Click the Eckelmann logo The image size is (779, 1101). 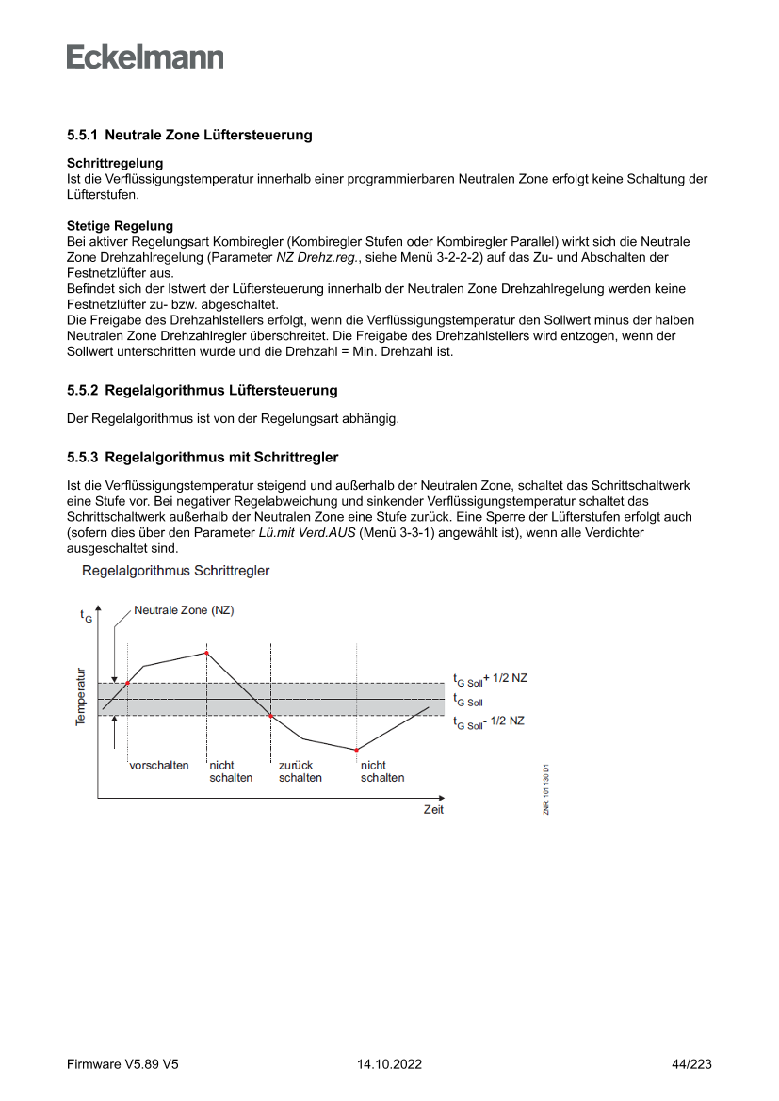(145, 57)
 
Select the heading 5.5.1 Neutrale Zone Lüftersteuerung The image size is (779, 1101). (189, 136)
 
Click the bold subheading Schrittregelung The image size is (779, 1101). (115, 164)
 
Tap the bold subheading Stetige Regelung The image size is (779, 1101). (120, 226)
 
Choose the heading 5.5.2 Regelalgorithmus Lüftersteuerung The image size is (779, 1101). (202, 390)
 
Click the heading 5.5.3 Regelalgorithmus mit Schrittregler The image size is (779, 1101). (203, 458)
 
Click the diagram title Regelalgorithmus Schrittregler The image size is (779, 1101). (176, 571)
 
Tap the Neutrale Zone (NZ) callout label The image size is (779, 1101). (184, 610)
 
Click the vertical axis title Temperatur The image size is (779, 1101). (81, 697)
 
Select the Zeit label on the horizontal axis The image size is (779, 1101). (433, 810)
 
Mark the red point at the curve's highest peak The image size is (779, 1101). (206, 653)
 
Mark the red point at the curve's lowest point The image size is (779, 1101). (357, 750)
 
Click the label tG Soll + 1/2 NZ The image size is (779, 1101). (490, 679)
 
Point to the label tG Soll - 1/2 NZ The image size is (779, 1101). (489, 721)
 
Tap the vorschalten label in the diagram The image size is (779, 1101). (159, 766)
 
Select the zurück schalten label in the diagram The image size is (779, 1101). (300, 771)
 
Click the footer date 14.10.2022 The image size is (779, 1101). (389, 1064)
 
